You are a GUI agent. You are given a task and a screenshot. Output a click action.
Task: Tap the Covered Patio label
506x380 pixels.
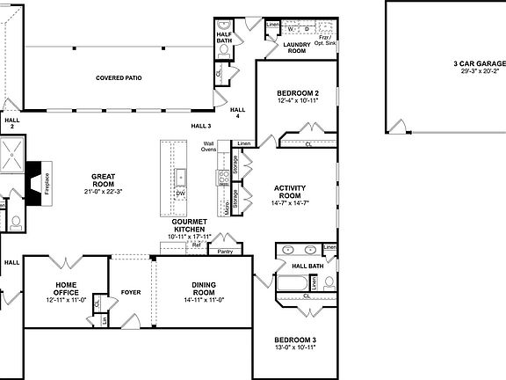119,78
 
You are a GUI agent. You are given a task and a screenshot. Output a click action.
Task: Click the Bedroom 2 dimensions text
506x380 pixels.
297,101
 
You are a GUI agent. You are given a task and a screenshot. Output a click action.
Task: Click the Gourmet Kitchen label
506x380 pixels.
190,225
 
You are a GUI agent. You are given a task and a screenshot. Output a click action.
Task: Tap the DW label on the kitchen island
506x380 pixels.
180,192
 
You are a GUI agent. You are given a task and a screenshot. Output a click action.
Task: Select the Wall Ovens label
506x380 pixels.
209,147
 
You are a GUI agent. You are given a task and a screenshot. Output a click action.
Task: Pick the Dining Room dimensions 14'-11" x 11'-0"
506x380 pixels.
205,300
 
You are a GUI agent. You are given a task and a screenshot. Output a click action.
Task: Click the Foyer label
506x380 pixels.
131,292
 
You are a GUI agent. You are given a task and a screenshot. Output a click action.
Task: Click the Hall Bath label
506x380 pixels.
307,266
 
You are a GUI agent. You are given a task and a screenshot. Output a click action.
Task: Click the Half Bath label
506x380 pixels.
224,37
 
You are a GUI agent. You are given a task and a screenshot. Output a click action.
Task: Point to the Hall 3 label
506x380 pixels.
201,127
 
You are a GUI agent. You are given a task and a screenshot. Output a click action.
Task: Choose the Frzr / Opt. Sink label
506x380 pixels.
326,40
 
